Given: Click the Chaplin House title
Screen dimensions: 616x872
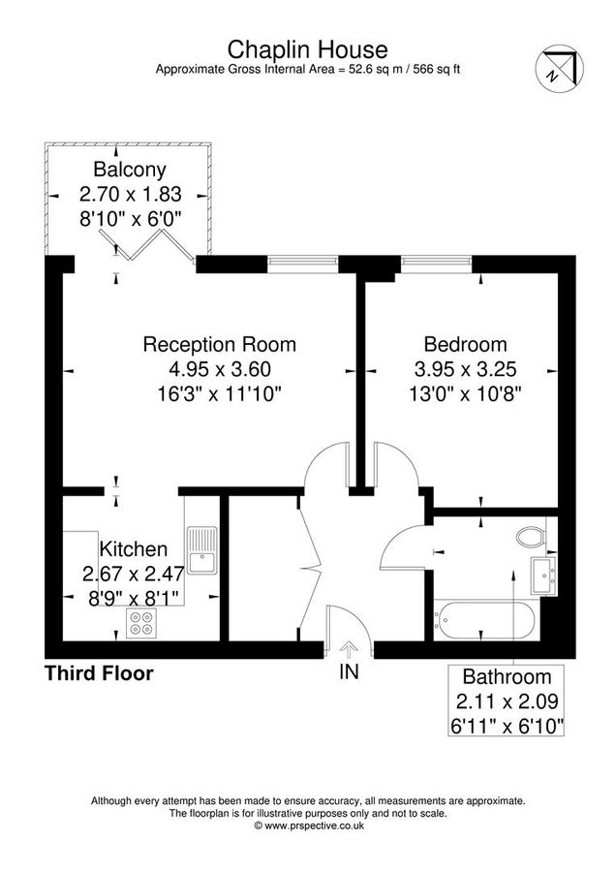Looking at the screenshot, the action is coord(307,50).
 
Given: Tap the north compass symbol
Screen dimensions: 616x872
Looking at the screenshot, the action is coord(559,69).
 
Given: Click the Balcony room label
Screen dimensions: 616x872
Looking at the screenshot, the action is coord(130,169).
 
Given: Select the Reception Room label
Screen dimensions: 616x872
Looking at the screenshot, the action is coord(220,344).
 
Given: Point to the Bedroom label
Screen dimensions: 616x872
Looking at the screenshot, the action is coord(465,344).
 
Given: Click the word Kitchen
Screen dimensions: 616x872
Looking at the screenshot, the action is coord(134,549).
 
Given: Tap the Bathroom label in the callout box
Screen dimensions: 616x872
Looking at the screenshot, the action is coord(507,677).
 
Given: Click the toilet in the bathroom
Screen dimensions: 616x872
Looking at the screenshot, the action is coord(531,537).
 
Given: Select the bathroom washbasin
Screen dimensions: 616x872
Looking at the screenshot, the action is coord(543,576).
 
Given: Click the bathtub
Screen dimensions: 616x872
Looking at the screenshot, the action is coord(485,619).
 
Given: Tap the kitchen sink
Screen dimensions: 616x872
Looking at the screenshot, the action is coord(201,549).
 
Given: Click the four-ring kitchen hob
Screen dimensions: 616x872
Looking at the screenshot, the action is coord(141,623).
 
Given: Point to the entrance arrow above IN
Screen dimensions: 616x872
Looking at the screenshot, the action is coord(349,649).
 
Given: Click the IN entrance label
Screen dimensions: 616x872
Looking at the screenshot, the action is coord(349,672).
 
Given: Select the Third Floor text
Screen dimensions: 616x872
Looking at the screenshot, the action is coord(99,673).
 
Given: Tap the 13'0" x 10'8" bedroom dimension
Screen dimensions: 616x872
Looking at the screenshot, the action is coord(465,394).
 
